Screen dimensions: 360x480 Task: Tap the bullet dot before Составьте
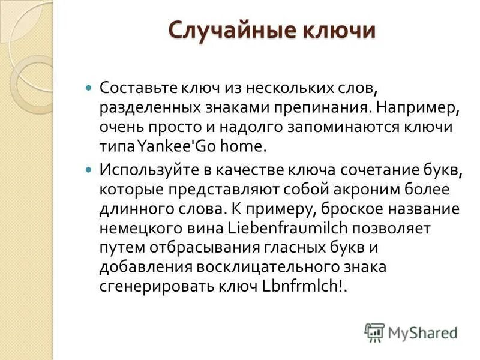89,88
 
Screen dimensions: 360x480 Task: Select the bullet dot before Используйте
89,170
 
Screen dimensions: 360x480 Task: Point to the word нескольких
279,88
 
